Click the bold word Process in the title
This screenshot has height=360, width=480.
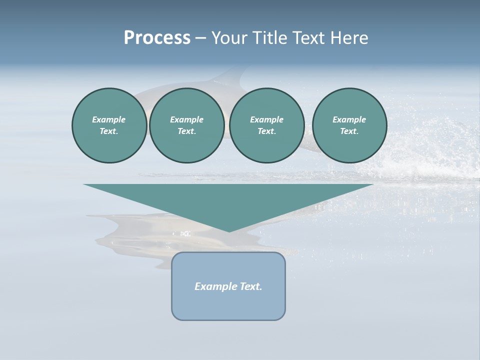157,38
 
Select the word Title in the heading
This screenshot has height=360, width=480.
272,38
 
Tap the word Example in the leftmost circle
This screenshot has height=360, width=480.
109,119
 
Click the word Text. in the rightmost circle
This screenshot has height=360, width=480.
349,131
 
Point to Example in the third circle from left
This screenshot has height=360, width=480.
267,119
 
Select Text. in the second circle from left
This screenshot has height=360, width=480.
186,131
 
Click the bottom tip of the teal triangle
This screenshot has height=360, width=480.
229,230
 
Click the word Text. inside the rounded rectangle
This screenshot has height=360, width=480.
251,286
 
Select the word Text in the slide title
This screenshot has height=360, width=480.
309,38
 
